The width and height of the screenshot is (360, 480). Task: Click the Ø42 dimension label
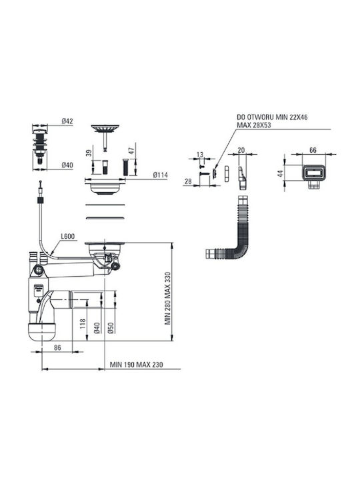click(67, 121)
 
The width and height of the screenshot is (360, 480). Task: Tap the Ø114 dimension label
click(161, 175)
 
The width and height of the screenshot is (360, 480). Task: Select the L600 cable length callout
click(67, 236)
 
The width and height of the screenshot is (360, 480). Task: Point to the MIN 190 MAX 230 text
click(136, 365)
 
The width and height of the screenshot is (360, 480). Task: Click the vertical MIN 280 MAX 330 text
click(168, 299)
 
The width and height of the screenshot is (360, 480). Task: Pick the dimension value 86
click(57, 347)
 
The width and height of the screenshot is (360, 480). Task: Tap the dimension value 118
click(83, 324)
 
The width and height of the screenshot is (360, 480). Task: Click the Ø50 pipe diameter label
click(111, 328)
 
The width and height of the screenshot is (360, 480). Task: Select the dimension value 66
click(313, 150)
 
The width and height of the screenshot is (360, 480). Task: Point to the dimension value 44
click(281, 173)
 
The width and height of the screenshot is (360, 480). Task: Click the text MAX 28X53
click(254, 125)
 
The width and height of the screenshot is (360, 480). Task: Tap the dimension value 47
click(131, 151)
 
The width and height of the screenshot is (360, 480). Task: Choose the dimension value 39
click(89, 153)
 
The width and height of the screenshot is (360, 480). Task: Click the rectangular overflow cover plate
click(313, 173)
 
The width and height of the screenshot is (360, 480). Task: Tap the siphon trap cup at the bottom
click(41, 332)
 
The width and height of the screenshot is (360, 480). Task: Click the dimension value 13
click(200, 154)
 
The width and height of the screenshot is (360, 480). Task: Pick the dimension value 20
click(241, 150)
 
